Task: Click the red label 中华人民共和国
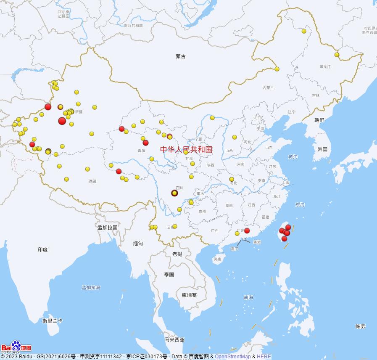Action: click(186, 149)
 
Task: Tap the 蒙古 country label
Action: click(181, 56)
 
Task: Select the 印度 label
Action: click(42, 249)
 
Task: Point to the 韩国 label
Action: click(322, 149)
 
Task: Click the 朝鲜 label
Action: click(319, 120)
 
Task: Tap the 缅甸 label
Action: click(138, 244)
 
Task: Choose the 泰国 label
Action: click(169, 275)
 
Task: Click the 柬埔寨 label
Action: click(189, 295)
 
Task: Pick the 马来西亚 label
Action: click(174, 340)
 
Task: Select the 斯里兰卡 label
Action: click(52, 320)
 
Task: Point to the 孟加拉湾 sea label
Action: click(91, 288)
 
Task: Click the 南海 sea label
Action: click(248, 297)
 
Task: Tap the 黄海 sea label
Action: click(293, 157)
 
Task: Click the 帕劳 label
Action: click(360, 326)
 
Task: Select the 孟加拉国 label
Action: click(107, 227)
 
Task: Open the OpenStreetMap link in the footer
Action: click(232, 357)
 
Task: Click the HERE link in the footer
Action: click(264, 357)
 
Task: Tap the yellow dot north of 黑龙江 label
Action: click(337, 55)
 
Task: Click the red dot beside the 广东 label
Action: click(247, 230)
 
